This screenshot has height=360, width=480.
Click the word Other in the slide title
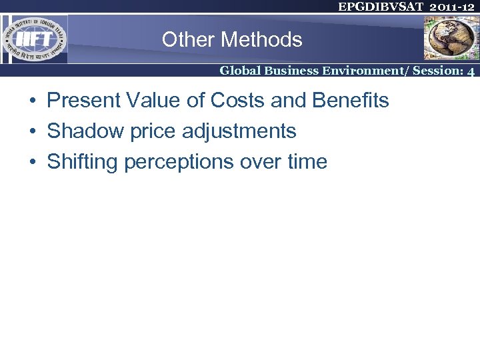(182, 40)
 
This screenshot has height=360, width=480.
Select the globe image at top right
(451, 38)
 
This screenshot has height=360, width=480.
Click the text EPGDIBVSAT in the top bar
(376, 7)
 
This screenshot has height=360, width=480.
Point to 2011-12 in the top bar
(453, 7)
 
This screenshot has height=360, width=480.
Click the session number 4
(471, 71)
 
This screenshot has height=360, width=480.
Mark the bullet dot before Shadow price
(32, 132)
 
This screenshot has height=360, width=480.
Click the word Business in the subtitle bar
(293, 70)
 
